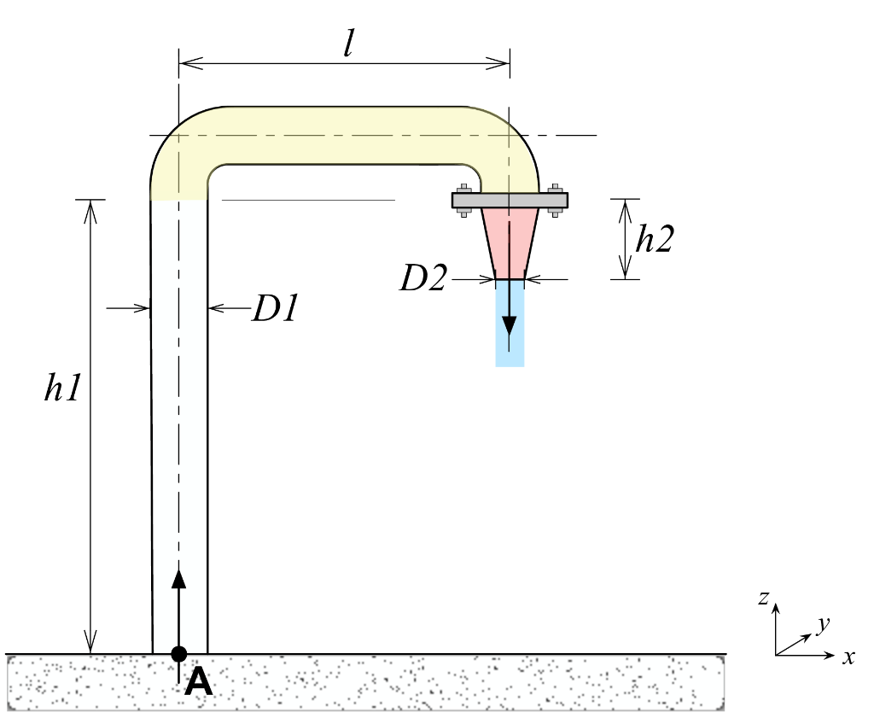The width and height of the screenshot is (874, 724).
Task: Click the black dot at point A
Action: pyautogui.click(x=178, y=654)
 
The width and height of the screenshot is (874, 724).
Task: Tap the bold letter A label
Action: pyautogui.click(x=198, y=681)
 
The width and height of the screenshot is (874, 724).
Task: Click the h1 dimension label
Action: pyautogui.click(x=63, y=388)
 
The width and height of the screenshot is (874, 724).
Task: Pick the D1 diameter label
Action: pyautogui.click(x=274, y=309)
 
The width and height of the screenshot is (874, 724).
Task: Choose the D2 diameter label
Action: pyautogui.click(x=423, y=279)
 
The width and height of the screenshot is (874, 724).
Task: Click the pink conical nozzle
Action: pyautogui.click(x=510, y=240)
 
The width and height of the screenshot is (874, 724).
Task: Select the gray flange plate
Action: pyautogui.click(x=510, y=201)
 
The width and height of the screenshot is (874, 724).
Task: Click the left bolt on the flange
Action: pyautogui.click(x=463, y=201)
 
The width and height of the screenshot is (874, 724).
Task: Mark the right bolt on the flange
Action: pyautogui.click(x=556, y=201)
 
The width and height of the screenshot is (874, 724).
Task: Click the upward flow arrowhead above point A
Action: pyautogui.click(x=178, y=579)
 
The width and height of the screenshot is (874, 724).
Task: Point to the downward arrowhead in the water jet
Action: pyautogui.click(x=510, y=326)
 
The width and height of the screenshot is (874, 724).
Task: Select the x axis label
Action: pyautogui.click(x=848, y=657)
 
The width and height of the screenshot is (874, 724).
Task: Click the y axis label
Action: pyautogui.click(x=823, y=625)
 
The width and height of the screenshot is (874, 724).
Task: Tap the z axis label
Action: pyautogui.click(x=764, y=598)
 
